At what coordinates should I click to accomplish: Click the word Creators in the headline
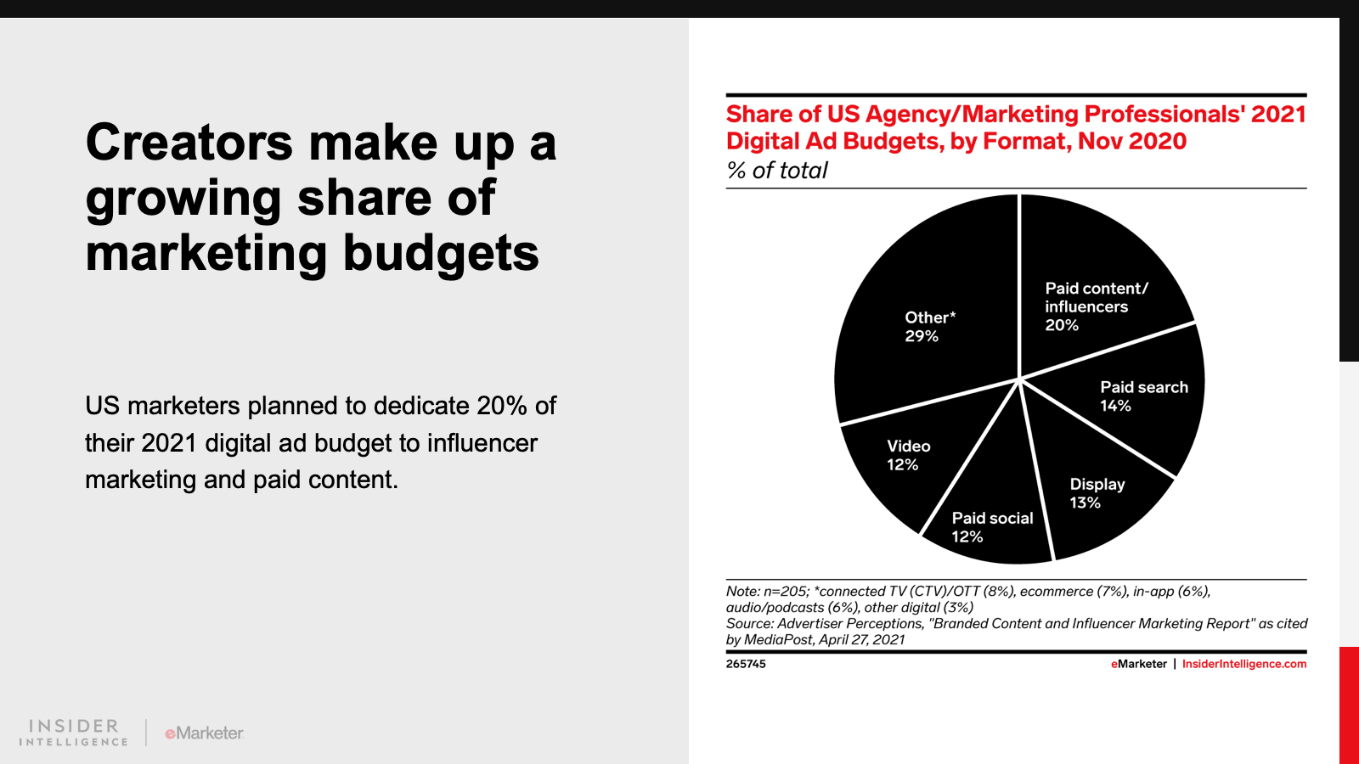189,143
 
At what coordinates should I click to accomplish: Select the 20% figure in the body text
502,406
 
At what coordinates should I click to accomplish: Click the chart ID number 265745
746,664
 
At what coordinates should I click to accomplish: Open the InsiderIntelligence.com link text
1244,664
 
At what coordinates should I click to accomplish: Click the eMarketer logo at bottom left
205,733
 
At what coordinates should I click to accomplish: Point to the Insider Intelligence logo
74,732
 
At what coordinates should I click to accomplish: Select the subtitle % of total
777,171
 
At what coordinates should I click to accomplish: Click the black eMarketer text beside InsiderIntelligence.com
1139,664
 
